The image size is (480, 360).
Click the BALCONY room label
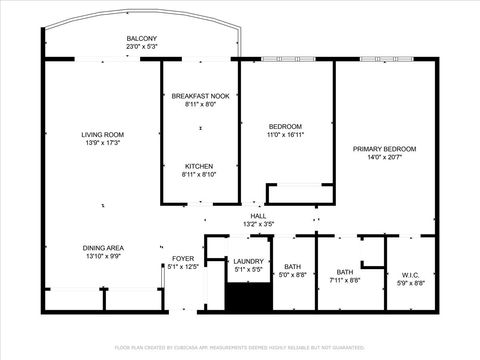[141, 38]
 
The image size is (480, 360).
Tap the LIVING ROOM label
[102, 134]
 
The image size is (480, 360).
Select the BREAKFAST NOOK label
[200, 96]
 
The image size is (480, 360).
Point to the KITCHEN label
[200, 166]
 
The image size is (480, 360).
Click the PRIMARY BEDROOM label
[385, 149]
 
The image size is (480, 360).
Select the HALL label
[258, 216]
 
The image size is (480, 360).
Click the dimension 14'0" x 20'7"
[385, 157]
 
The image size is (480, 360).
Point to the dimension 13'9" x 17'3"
[102, 143]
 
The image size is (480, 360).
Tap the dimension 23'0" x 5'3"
[141, 46]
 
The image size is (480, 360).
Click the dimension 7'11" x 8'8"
[345, 281]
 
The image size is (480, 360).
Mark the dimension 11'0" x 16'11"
[286, 134]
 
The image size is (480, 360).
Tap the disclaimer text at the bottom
[240, 347]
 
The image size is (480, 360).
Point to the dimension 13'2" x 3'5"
[258, 224]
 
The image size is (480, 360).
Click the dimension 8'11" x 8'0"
[200, 104]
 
